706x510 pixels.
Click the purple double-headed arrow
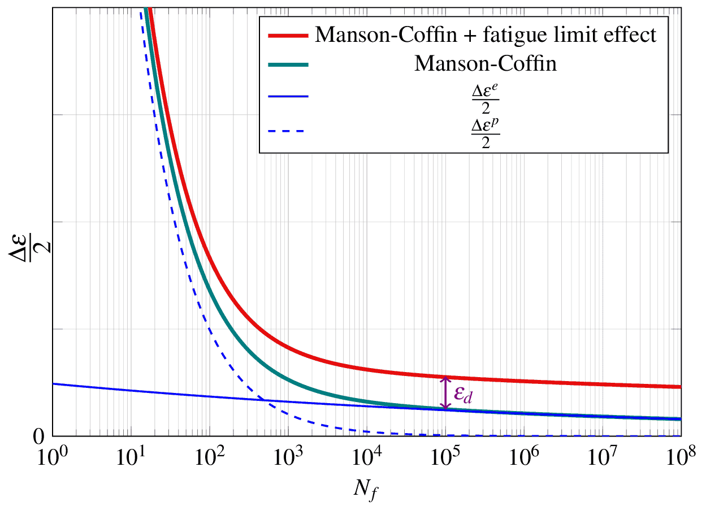pyautogui.click(x=446, y=392)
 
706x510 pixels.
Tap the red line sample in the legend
pyautogui.click(x=288, y=35)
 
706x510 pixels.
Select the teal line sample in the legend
pyautogui.click(x=288, y=65)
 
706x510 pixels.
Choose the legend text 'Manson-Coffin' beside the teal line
pyautogui.click(x=486, y=64)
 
